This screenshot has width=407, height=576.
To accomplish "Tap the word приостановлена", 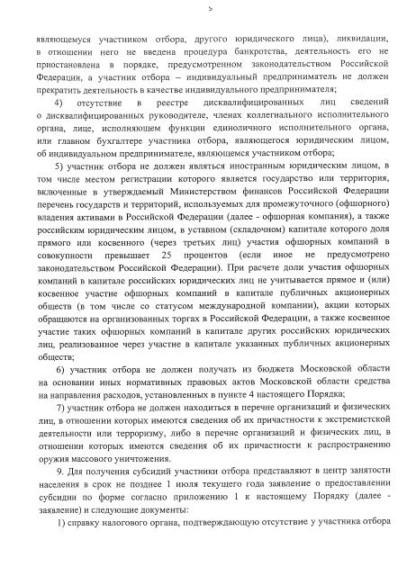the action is tap(77, 65).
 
